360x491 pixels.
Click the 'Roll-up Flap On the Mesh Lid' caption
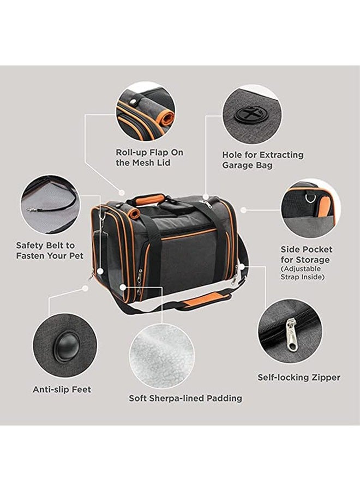coord(149,158)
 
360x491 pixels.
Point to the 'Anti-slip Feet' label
coord(62,390)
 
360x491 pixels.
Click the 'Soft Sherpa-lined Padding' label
coord(185,398)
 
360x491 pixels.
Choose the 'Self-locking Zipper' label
coord(299,377)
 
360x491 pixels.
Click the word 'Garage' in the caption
coord(241,165)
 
